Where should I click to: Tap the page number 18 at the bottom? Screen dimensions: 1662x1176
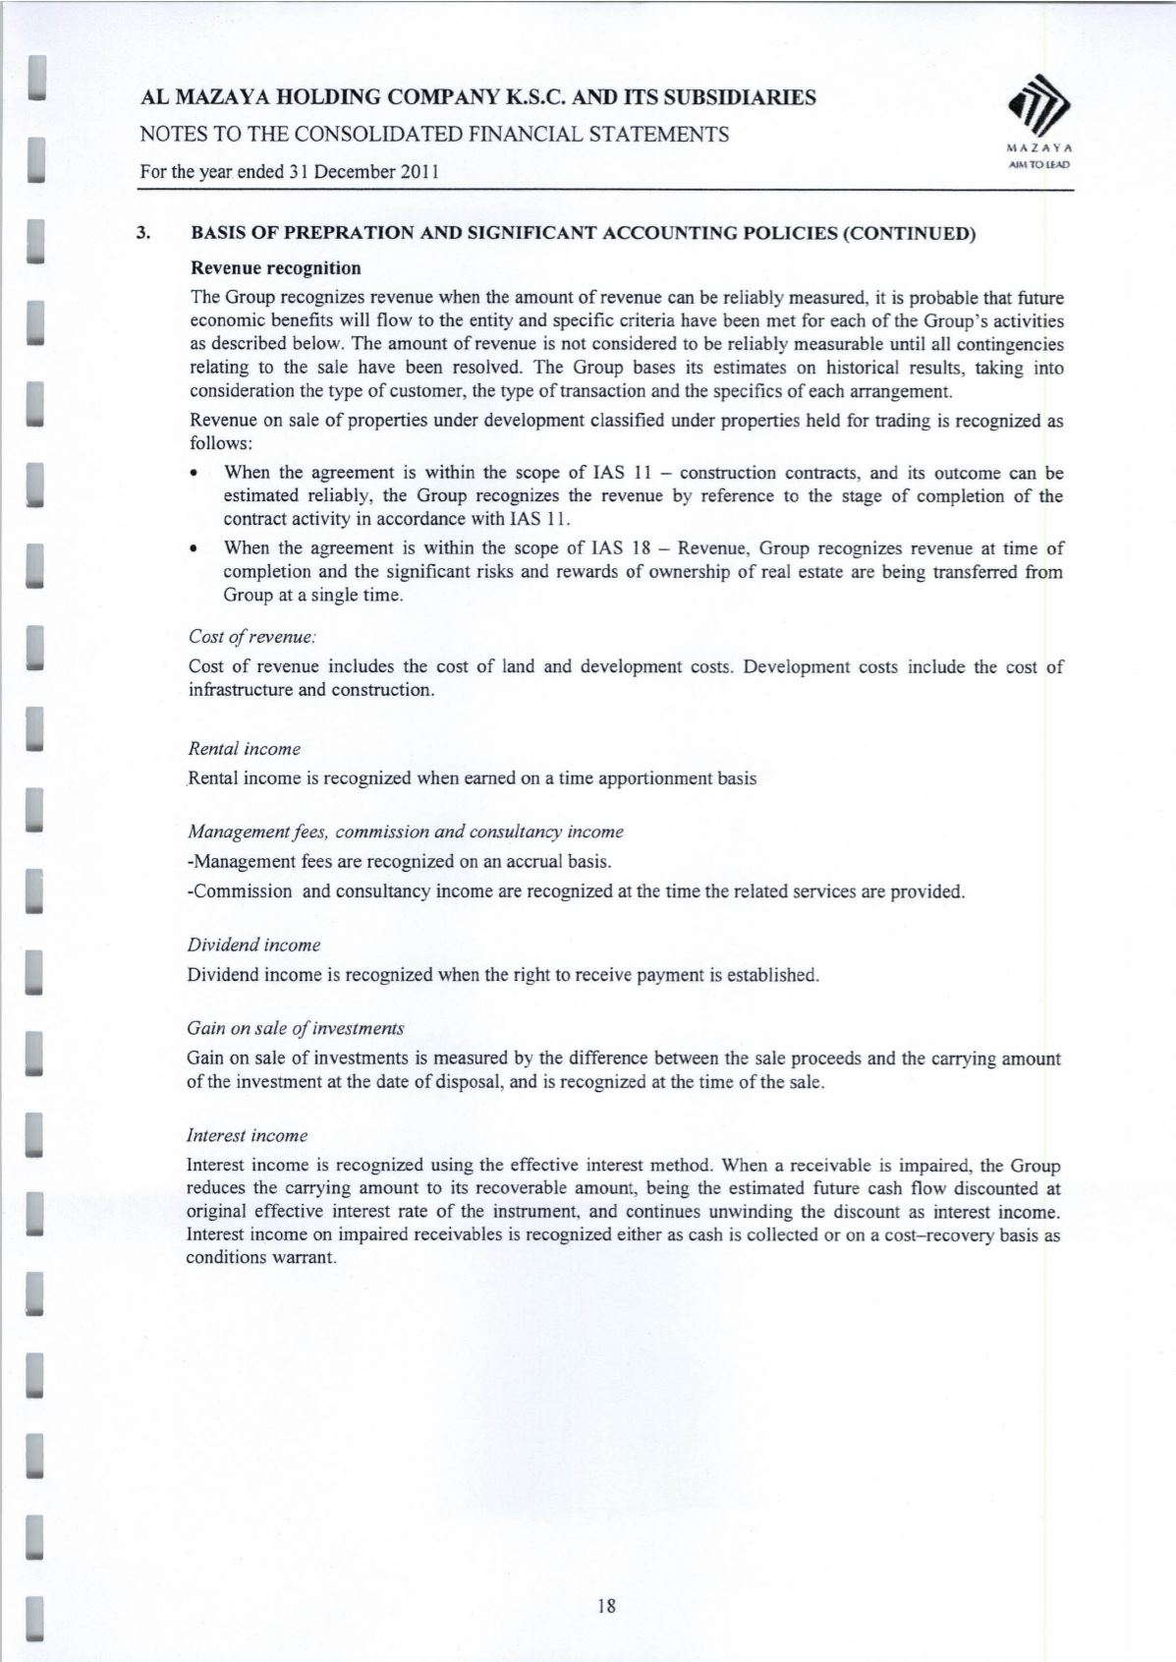605,1606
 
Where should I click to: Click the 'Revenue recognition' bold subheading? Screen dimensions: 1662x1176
275,267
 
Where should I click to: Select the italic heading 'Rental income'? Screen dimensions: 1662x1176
244,749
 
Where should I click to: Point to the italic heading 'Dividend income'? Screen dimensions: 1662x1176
253,945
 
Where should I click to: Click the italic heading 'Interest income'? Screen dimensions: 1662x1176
247,1135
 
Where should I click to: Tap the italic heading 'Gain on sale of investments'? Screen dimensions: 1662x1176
295,1028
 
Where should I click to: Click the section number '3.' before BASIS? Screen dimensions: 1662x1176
144,234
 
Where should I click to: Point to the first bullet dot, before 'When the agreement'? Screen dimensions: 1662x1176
196,474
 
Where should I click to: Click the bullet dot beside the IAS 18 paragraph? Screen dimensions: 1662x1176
196,549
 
